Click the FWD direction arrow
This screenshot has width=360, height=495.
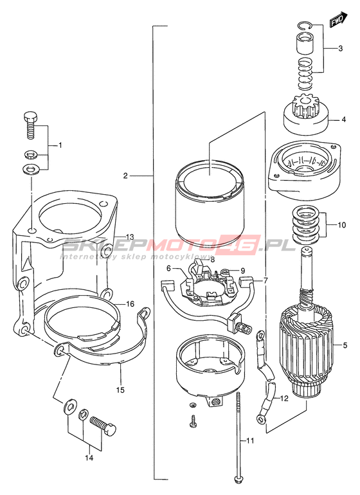click(339, 19)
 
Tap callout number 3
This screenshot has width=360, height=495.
click(340, 49)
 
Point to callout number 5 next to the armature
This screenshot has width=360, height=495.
click(345, 345)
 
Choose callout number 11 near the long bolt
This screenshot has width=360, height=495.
click(251, 441)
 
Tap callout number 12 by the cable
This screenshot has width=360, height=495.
click(284, 399)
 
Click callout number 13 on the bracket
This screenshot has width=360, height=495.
click(130, 237)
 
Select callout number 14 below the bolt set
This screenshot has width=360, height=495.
click(89, 458)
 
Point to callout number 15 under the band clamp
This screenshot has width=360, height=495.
click(120, 390)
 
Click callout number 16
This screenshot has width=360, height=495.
click(130, 304)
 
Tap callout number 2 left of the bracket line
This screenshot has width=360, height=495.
click(126, 176)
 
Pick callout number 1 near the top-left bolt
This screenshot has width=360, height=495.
click(59, 145)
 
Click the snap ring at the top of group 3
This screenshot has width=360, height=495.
click(305, 26)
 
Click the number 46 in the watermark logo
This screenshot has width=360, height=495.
click(242, 246)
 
